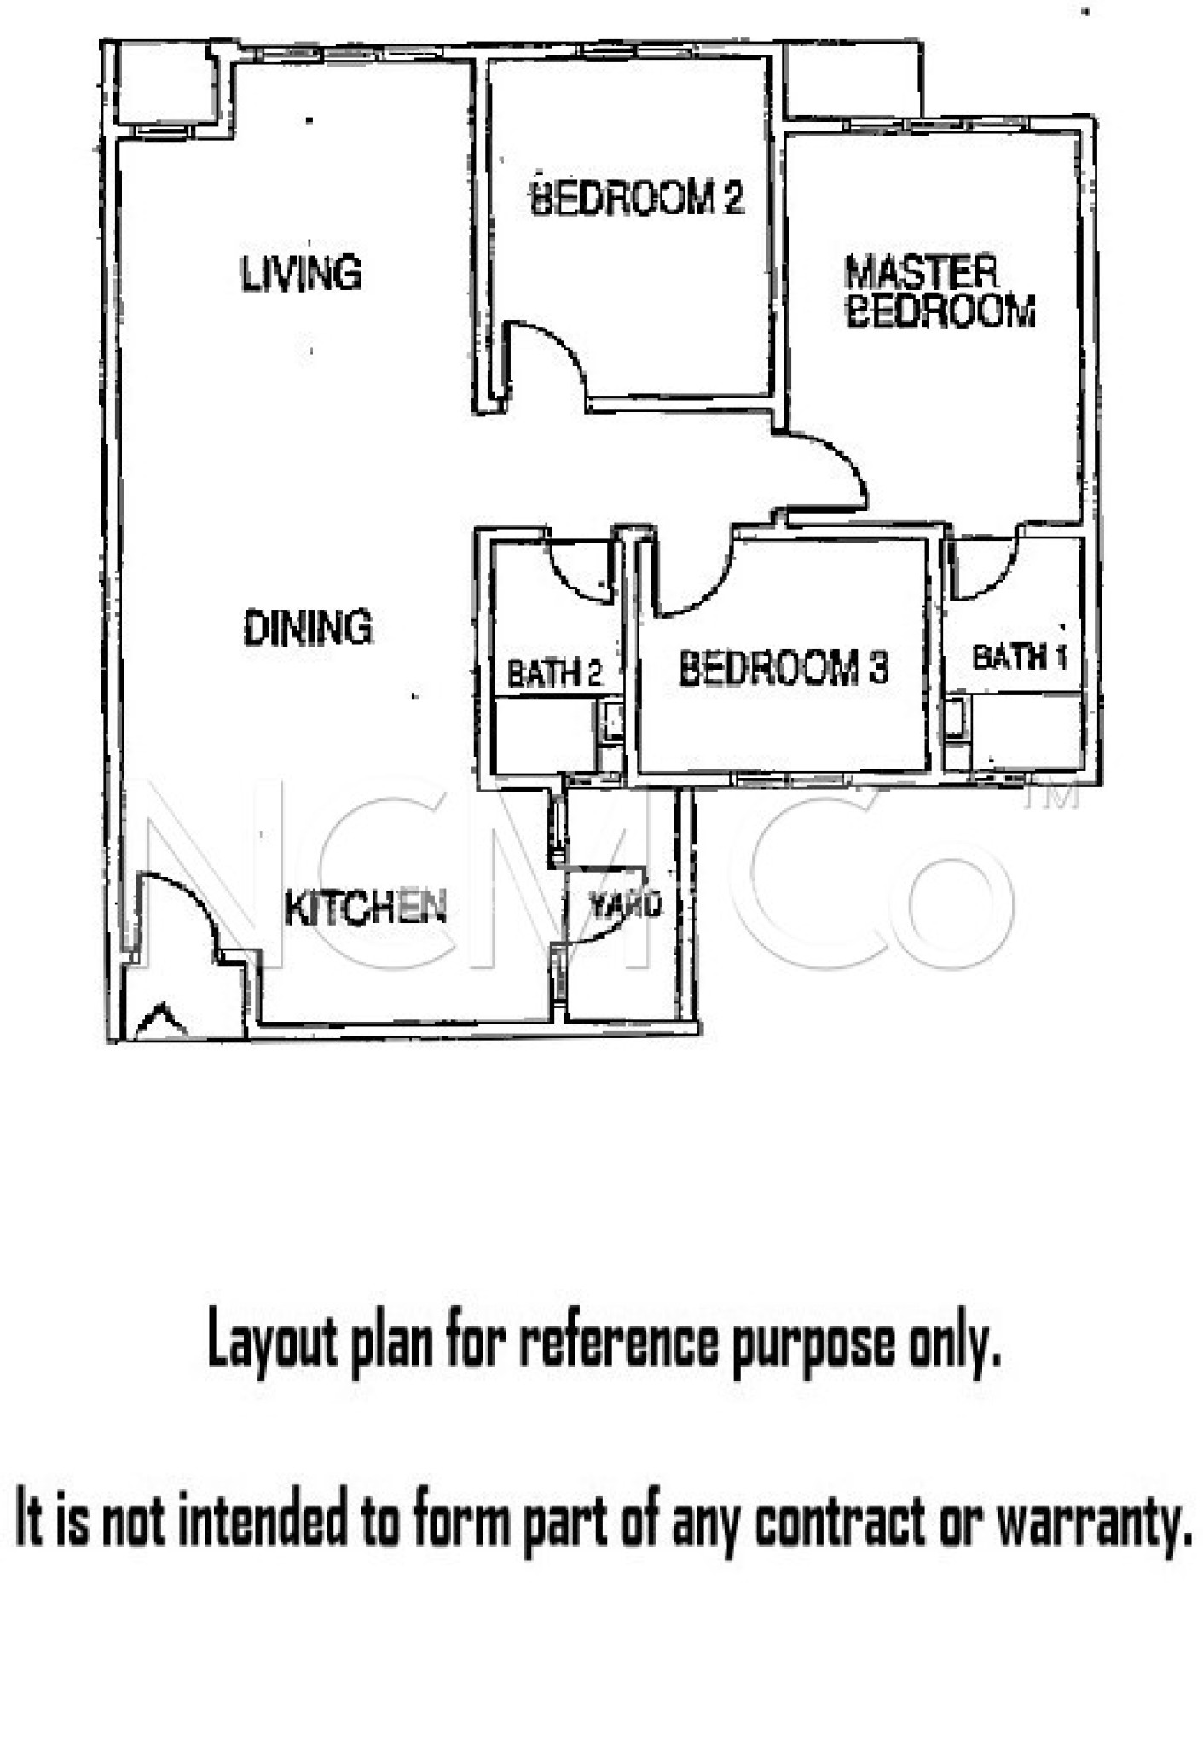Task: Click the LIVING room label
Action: pyautogui.click(x=301, y=274)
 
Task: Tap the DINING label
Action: pyautogui.click(x=308, y=628)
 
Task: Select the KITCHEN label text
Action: pyautogui.click(x=365, y=908)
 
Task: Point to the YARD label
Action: pyautogui.click(x=626, y=905)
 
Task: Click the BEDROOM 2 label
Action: pyautogui.click(x=637, y=197)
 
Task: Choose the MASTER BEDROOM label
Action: pyautogui.click(x=940, y=292)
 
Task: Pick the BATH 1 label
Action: pyautogui.click(x=1020, y=657)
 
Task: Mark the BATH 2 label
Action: pyautogui.click(x=554, y=674)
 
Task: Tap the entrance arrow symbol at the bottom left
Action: pyautogui.click(x=160, y=1022)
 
